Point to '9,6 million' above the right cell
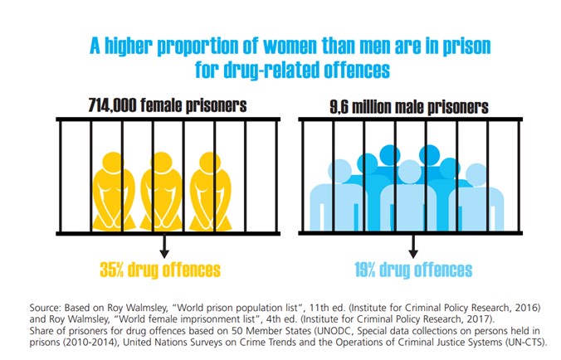click(359, 107)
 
